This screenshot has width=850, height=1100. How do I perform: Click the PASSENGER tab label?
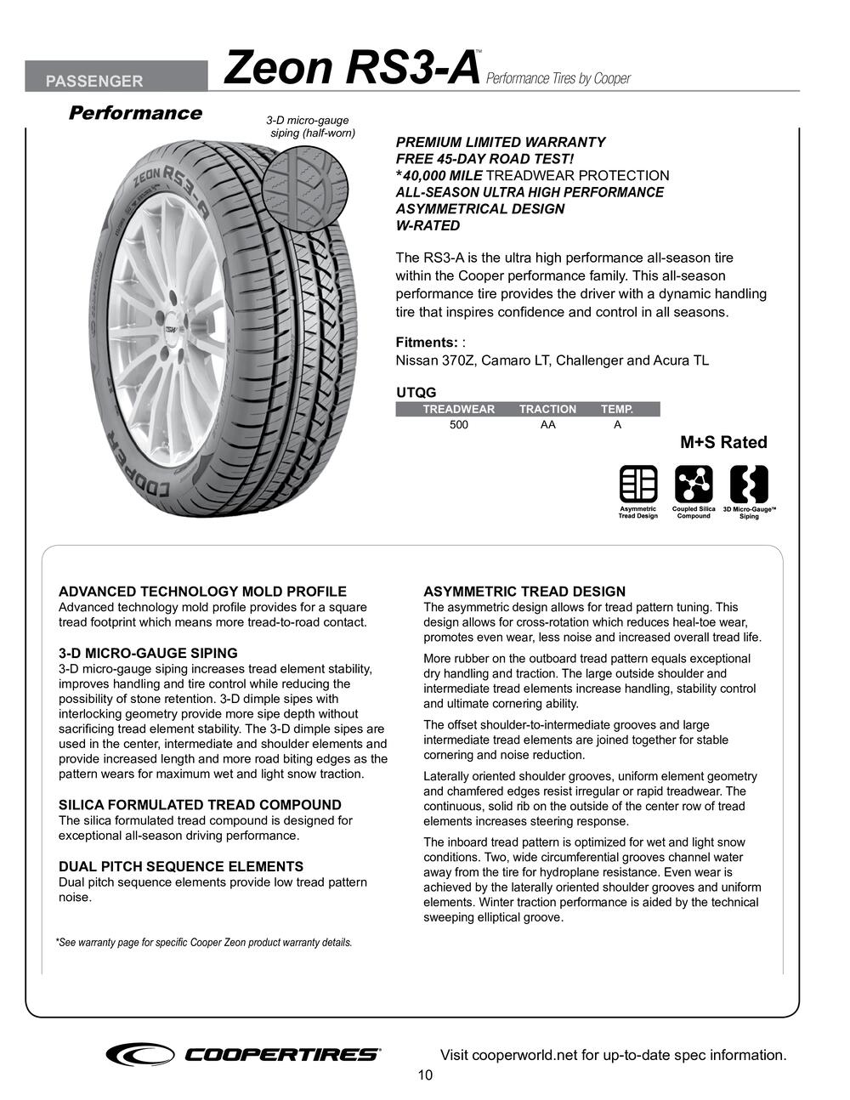[x=94, y=82]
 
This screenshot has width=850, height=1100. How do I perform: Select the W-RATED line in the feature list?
[x=428, y=226]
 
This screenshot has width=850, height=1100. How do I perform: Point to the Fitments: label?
[x=427, y=343]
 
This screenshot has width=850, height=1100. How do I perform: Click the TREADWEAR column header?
[x=458, y=410]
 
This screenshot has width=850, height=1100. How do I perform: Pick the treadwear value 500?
[x=459, y=425]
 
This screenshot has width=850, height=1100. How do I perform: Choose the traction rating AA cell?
[x=547, y=425]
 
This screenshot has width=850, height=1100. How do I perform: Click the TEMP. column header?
[x=617, y=410]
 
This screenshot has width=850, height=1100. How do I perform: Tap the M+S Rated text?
[x=723, y=442]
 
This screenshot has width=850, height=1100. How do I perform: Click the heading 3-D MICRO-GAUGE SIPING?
[x=148, y=654]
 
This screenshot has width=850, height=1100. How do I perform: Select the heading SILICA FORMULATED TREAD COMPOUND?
[x=200, y=805]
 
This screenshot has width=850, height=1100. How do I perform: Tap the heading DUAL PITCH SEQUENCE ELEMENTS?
[x=180, y=867]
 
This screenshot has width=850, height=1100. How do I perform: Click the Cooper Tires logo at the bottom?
[x=243, y=1054]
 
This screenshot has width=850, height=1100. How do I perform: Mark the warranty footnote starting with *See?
[x=204, y=943]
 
